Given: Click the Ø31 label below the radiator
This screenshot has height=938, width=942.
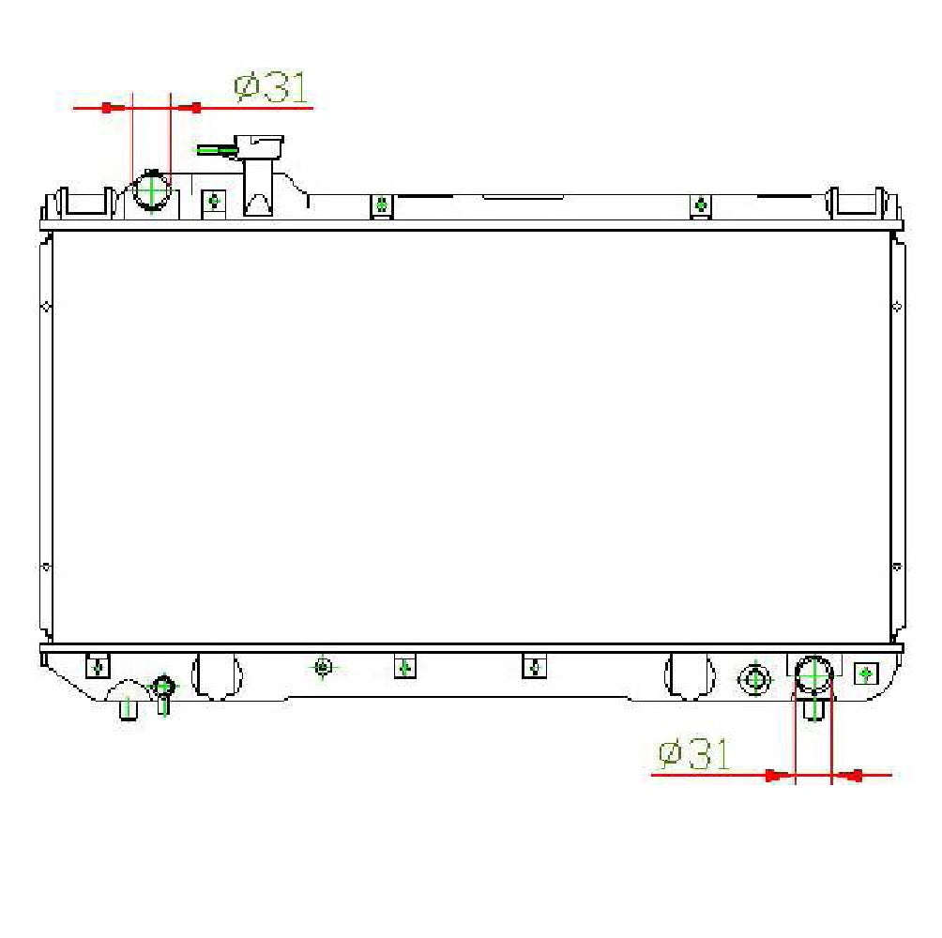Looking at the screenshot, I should click(x=694, y=754).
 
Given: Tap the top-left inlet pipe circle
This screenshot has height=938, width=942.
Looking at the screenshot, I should click(x=151, y=192).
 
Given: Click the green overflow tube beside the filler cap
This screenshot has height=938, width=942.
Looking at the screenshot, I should click(x=217, y=149).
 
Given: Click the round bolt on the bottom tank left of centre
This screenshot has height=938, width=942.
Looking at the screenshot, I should click(x=323, y=667).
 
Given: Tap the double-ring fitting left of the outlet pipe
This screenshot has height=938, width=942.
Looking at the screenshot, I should click(x=753, y=678).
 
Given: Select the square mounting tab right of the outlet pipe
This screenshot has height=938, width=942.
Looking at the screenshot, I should click(x=865, y=673).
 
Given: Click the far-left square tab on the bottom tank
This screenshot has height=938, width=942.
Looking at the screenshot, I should click(x=97, y=667).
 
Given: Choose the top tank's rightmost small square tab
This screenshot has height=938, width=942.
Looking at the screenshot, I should click(x=700, y=205).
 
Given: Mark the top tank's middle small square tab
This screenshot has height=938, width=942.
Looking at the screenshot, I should click(x=381, y=204).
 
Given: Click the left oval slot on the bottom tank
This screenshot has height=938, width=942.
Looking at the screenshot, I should click(x=216, y=675).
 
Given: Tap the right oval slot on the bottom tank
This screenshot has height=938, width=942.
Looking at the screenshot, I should click(x=688, y=675).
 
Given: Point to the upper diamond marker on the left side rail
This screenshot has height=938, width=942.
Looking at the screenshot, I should click(x=46, y=306).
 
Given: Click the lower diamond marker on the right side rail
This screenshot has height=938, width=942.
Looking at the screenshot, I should click(x=897, y=567).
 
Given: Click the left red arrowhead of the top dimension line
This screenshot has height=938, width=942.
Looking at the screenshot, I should click(x=108, y=108).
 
